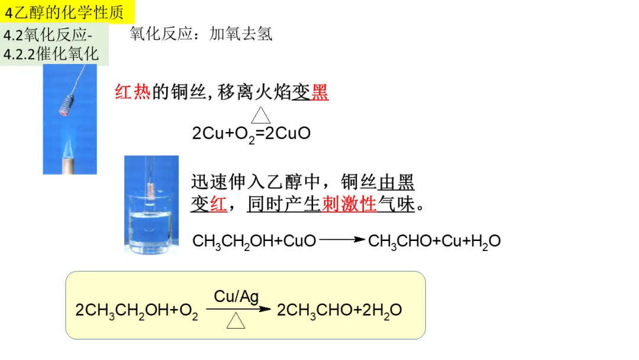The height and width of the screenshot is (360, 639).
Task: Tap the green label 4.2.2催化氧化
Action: (51, 54)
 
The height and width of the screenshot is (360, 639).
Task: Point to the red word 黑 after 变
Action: (320, 92)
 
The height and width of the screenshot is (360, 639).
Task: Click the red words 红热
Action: (133, 92)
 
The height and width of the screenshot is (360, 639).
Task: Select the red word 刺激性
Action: (349, 204)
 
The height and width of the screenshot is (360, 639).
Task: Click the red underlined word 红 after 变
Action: (218, 204)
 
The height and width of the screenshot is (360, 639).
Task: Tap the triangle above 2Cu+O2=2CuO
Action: (260, 115)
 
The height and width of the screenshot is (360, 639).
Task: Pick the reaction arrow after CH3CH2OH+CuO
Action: (342, 240)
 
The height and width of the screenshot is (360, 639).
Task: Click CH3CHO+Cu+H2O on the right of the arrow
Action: (434, 241)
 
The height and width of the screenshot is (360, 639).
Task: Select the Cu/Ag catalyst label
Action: (236, 296)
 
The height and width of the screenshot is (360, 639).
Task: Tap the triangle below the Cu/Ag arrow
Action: (235, 321)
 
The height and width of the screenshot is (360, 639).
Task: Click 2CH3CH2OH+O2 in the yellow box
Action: (137, 310)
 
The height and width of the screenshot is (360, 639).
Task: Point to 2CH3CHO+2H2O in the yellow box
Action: (340, 310)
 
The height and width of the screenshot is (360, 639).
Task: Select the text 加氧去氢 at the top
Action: (241, 34)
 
